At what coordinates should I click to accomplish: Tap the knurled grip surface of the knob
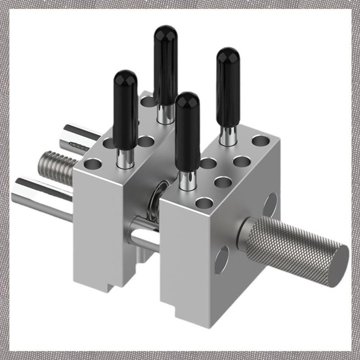[288, 245]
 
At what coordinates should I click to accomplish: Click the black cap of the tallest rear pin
[165, 63]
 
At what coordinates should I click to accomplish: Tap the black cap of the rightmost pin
[228, 85]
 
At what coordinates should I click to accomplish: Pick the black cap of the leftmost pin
[125, 108]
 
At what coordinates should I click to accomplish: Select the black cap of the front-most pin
[188, 130]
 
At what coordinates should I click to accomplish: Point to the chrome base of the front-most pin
[187, 180]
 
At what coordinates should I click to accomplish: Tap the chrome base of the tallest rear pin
[165, 114]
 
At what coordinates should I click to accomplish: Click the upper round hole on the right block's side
[270, 205]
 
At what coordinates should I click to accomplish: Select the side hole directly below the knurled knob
[221, 261]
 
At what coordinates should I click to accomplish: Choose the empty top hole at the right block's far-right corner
[261, 141]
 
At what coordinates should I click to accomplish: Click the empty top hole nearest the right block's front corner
[204, 202]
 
